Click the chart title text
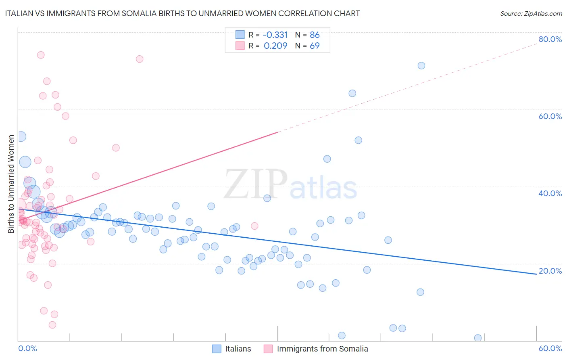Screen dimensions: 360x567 (x=182, y=13)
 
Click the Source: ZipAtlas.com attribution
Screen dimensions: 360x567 (x=531, y=13)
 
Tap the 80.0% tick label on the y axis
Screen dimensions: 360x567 (x=550, y=39)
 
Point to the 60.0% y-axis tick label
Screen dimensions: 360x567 (x=550, y=116)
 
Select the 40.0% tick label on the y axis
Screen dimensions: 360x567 (x=550, y=193)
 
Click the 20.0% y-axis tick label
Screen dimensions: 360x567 (x=550, y=271)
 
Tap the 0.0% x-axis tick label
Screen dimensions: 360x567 (x=27, y=348)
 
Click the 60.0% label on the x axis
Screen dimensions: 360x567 (x=550, y=348)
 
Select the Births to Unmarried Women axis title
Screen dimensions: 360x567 (x=11, y=184)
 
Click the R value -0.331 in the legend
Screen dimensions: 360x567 (x=275, y=35)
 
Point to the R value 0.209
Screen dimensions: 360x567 (x=275, y=46)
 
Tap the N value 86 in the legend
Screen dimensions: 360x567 (x=315, y=35)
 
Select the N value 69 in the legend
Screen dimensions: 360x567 (x=315, y=46)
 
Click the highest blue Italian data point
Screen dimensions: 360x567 (x=421, y=65)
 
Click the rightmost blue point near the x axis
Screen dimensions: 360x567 (x=478, y=338)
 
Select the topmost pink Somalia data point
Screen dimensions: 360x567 (x=41, y=55)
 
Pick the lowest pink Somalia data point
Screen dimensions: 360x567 (x=52, y=325)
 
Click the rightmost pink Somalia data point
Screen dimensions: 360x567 (x=254, y=226)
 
